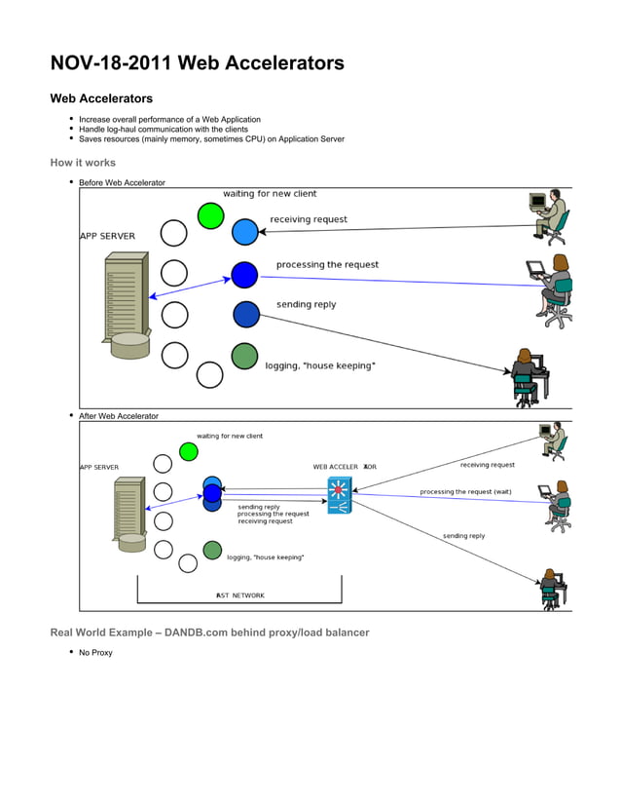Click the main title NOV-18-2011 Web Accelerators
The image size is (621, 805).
tap(197, 64)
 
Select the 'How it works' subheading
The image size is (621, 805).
tap(83, 163)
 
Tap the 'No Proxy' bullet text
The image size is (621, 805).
tap(95, 652)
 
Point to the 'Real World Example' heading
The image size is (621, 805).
tap(209, 632)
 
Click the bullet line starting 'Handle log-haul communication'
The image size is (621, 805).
tap(163, 129)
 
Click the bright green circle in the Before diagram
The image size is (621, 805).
tap(210, 215)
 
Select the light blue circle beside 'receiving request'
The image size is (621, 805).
tap(245, 232)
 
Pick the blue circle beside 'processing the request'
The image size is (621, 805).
tap(244, 275)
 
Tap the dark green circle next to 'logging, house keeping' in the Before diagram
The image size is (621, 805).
tap(244, 357)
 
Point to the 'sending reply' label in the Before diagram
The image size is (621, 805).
tap(306, 304)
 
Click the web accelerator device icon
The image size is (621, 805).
tap(339, 496)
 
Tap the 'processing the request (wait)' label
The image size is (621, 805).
tap(465, 491)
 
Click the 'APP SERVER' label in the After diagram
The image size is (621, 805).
tap(98, 467)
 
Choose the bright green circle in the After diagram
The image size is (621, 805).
tap(189, 451)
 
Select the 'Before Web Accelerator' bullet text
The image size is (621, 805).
tap(122, 182)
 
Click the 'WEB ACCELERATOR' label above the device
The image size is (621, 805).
tap(345, 467)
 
